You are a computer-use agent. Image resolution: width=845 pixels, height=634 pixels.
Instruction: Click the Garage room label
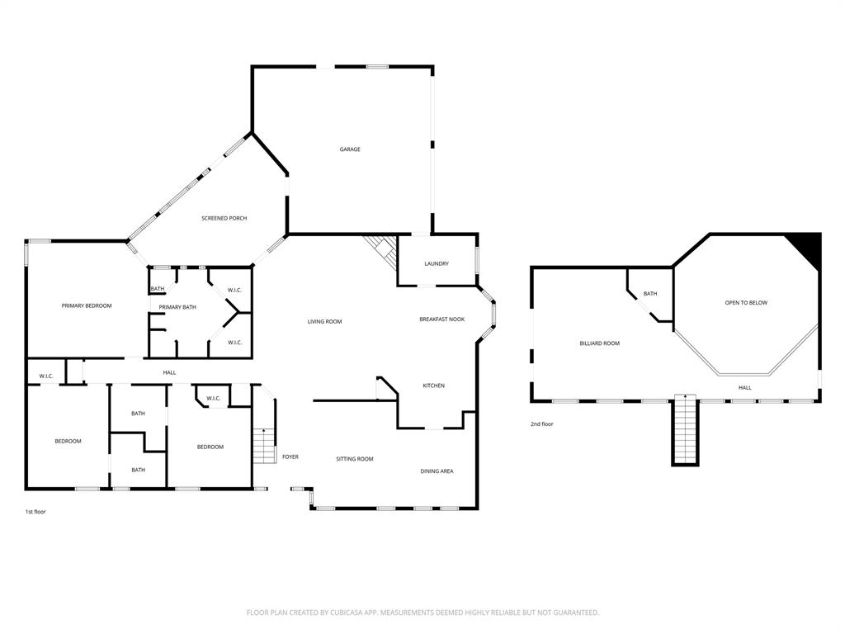[350, 149]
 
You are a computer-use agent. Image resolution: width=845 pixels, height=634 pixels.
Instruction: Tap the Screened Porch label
[224, 218]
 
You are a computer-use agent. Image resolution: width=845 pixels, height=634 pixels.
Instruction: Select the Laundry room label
[437, 263]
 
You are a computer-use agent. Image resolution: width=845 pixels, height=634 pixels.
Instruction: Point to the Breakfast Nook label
[441, 319]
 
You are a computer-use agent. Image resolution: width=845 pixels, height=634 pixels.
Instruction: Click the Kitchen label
[434, 386]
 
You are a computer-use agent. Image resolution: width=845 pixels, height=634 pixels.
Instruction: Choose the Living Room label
[324, 321]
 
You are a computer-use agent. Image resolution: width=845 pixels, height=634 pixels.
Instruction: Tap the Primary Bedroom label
[87, 305]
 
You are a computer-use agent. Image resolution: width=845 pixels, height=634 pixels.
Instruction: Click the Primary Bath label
[177, 307]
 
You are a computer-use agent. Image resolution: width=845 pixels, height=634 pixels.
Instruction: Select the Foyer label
[290, 457]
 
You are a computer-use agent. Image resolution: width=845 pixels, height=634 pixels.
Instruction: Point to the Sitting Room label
[355, 459]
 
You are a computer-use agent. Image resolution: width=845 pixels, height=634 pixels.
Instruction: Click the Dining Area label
[437, 471]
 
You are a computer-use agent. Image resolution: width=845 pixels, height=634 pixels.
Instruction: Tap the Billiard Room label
[599, 343]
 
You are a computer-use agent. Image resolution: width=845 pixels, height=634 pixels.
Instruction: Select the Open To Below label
[746, 303]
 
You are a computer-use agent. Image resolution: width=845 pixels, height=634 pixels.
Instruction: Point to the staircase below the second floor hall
[685, 431]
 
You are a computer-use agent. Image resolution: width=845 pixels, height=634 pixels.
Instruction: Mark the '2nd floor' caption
[542, 424]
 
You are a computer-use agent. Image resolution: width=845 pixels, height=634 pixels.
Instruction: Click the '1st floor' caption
[35, 512]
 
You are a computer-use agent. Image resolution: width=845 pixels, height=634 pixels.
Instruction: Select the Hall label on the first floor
[169, 372]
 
